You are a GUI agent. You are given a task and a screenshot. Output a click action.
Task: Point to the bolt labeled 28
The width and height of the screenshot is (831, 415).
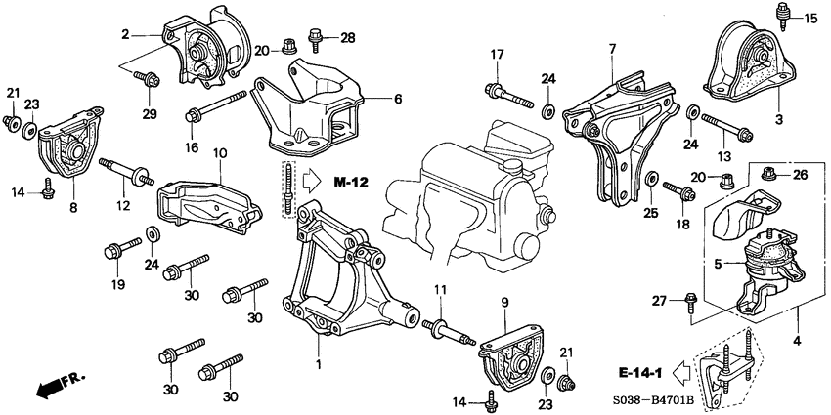point(315,38)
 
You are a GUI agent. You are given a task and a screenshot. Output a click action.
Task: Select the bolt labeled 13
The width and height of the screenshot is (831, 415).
point(724,126)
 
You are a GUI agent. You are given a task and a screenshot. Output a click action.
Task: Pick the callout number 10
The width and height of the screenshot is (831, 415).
point(220,153)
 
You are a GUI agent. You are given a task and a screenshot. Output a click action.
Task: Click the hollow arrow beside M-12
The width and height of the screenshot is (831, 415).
point(312,181)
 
